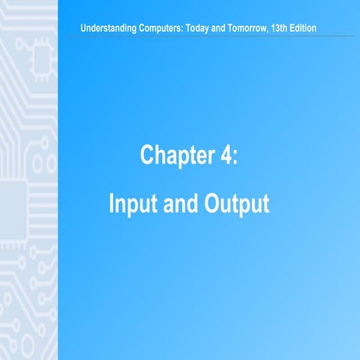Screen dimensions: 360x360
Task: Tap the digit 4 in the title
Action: coord(223,156)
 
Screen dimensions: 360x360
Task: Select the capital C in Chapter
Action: coord(147,156)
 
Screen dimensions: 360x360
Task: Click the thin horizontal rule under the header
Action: coord(210,36)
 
